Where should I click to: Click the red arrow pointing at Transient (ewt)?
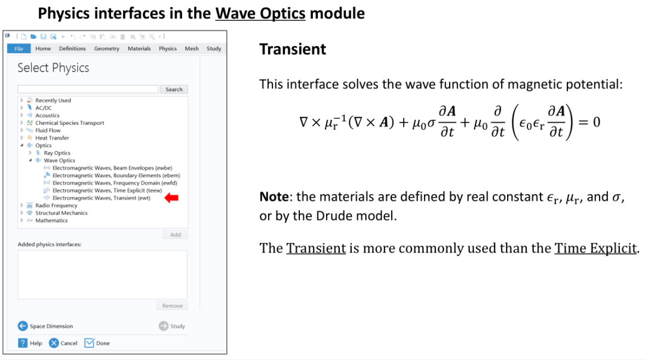(x=171, y=198)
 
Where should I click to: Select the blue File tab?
(x=19, y=48)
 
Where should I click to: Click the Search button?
(x=174, y=90)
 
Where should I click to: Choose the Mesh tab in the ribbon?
(x=192, y=48)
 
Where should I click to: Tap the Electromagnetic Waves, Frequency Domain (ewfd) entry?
(x=115, y=183)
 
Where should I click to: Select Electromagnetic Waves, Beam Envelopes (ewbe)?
(x=112, y=168)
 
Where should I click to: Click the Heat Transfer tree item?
(x=52, y=138)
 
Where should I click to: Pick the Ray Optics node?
(x=57, y=153)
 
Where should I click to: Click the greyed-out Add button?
(x=175, y=235)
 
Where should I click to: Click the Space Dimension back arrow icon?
(x=23, y=326)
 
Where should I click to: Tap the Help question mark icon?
(x=23, y=343)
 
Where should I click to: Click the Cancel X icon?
(x=54, y=343)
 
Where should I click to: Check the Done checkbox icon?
(x=89, y=343)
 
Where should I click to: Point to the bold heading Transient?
(x=293, y=50)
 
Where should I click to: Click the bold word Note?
(x=274, y=196)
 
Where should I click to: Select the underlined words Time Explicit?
(x=595, y=248)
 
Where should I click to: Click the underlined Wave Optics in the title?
(x=260, y=13)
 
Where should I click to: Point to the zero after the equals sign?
(x=597, y=122)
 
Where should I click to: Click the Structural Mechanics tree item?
(x=62, y=213)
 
